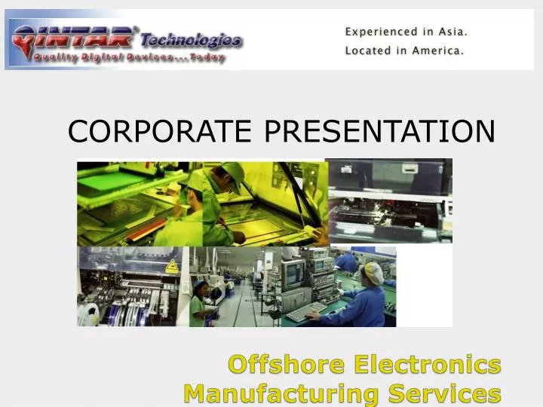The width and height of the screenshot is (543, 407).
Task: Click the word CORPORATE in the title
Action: pos(159,131)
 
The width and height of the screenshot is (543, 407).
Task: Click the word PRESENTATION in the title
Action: pos(379,131)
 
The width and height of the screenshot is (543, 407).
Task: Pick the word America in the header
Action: pos(439,51)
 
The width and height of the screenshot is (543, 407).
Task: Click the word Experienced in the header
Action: pos(381,32)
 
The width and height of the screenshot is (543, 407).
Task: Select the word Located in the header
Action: pos(370,51)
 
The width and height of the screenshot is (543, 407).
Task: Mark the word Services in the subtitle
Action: pos(456,393)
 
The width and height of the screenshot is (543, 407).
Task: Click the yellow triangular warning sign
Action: pos(172,266)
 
